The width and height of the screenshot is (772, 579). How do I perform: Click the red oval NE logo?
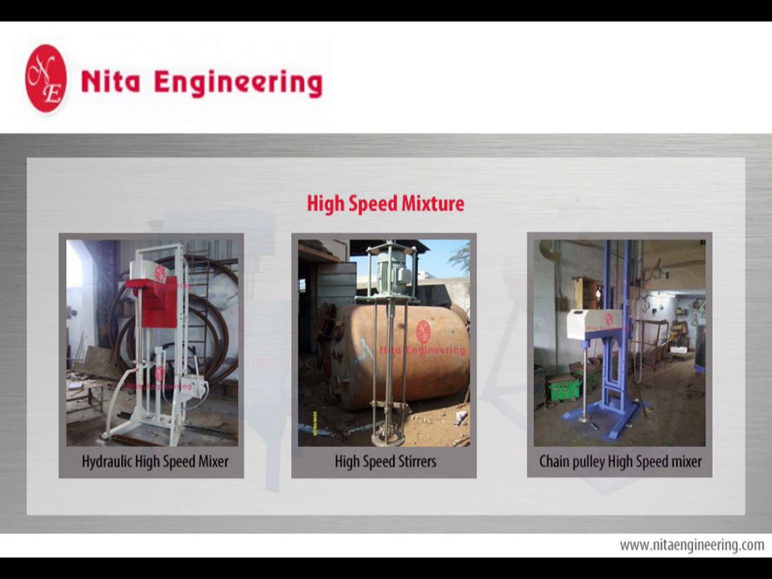click(x=46, y=78)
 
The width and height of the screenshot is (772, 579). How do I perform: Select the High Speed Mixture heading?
click(x=385, y=203)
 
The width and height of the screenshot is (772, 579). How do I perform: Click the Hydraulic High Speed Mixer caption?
click(x=154, y=462)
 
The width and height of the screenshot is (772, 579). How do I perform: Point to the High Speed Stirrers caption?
click(x=385, y=462)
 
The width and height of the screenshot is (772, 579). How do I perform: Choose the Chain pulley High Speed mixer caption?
click(x=620, y=462)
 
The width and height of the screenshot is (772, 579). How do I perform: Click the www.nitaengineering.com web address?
click(x=692, y=545)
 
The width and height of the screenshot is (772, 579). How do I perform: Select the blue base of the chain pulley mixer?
click(x=603, y=418)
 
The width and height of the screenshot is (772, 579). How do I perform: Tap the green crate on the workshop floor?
click(x=563, y=388)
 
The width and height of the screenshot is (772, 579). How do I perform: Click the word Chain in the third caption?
click(x=556, y=462)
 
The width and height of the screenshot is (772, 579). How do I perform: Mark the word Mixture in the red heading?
click(x=435, y=203)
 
